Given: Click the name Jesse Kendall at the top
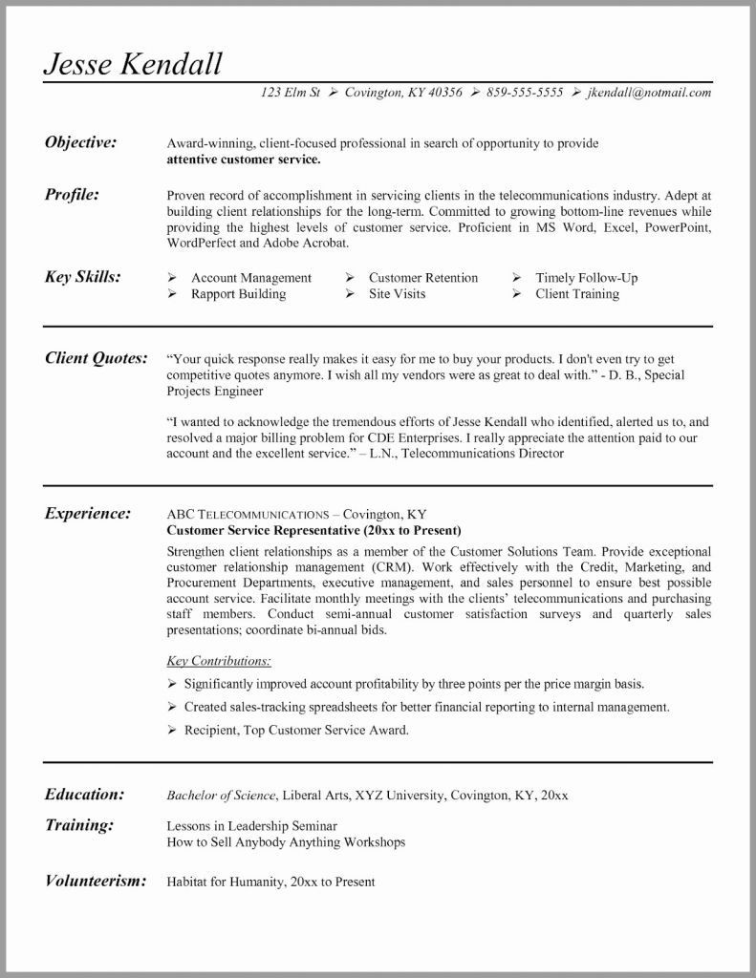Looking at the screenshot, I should pyautogui.click(x=133, y=63).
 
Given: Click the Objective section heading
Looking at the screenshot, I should pyautogui.click(x=81, y=142).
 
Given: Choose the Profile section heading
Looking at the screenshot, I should pyautogui.click(x=73, y=194).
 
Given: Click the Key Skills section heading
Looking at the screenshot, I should pyautogui.click(x=83, y=277).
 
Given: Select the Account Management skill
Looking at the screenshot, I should pyautogui.click(x=250, y=278).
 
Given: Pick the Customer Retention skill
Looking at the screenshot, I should pyautogui.click(x=422, y=278).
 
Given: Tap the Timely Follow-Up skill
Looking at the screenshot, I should pyautogui.click(x=586, y=278).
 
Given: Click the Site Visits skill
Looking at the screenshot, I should pyautogui.click(x=397, y=294).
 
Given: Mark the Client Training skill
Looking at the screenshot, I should pyautogui.click(x=576, y=294).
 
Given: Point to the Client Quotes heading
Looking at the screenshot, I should pyautogui.click(x=97, y=358).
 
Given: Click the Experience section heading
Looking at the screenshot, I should pyautogui.click(x=88, y=513).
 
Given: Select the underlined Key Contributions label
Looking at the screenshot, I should pyautogui.click(x=218, y=660).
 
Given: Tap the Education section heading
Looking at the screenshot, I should pyautogui.click(x=85, y=794).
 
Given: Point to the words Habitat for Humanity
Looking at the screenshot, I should pyautogui.click(x=223, y=882).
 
